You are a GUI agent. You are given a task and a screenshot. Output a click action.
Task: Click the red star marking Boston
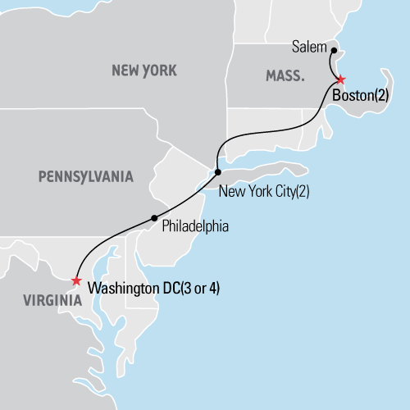[340, 80]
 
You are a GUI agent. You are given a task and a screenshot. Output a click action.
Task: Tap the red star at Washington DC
[76, 281]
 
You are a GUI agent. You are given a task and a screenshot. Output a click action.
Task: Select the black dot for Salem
[334, 50]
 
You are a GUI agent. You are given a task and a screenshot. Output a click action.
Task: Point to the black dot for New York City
[217, 172]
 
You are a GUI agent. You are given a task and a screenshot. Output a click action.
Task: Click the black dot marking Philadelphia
[154, 217]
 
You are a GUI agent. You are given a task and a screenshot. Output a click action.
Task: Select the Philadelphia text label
[195, 225]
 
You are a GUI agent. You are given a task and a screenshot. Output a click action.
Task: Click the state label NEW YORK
[143, 71]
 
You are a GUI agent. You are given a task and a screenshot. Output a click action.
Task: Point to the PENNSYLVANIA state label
[85, 175]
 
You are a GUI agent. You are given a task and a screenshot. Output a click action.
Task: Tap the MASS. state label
[285, 76]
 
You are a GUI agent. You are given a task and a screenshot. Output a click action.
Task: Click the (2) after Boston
[381, 95]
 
